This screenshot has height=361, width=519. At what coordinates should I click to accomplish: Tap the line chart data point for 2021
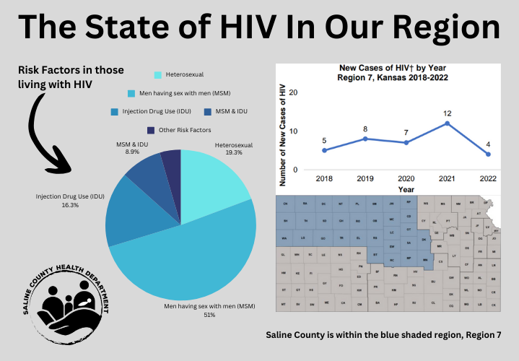448,123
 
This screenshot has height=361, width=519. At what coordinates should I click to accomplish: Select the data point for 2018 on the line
325,150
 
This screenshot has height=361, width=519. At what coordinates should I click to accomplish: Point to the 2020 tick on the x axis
406,177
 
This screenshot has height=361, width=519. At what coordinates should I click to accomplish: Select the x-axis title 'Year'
406,188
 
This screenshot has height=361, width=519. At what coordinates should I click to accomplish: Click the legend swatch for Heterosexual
158,74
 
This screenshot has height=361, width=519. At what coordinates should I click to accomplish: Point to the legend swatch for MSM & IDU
208,112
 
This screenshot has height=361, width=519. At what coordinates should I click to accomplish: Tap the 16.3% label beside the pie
70,205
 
